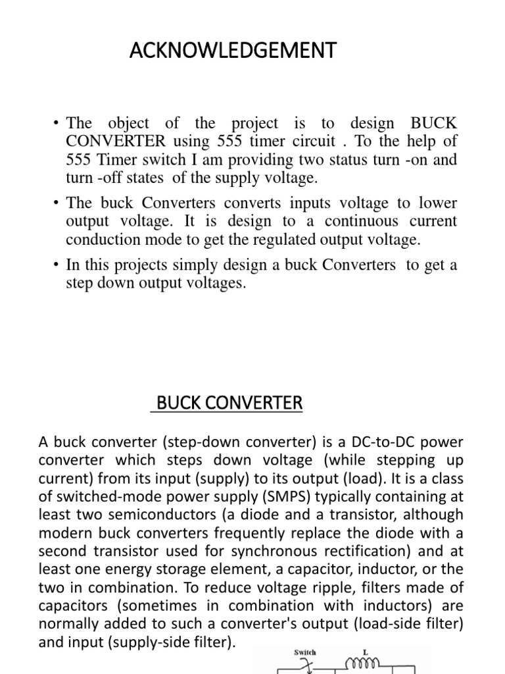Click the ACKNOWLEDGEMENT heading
click(x=233, y=50)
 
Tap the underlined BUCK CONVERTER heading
click(x=227, y=402)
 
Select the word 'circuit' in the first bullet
click(x=305, y=142)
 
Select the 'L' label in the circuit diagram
click(x=366, y=652)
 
